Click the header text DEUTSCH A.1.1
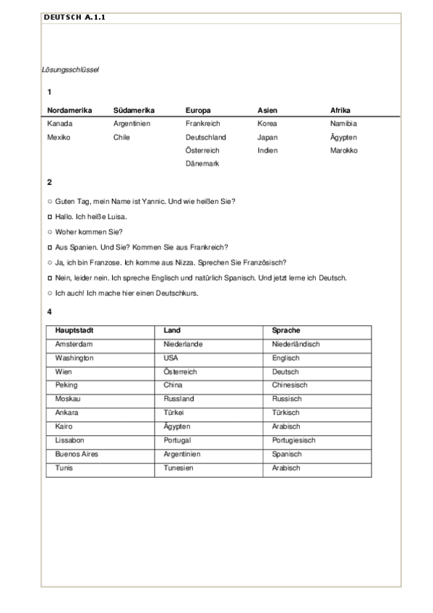[x=74, y=17]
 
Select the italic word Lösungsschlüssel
[x=69, y=70]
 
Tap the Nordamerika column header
[x=69, y=111]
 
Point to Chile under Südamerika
[x=121, y=137]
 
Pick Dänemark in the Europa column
[x=202, y=164]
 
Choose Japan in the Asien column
[x=267, y=137]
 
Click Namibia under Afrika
[x=343, y=124]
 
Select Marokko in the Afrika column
[x=343, y=150]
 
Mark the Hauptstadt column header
[x=74, y=330]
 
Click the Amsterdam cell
[x=74, y=344]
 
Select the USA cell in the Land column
[x=171, y=358]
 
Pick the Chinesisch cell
[x=290, y=385]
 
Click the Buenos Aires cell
[x=77, y=454]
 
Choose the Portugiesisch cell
[x=293, y=440]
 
